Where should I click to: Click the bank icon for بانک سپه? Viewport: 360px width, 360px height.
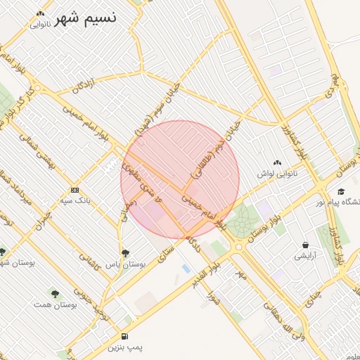pyautogui.click(x=75, y=190)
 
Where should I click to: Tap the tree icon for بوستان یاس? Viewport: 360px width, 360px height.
pyautogui.click(x=125, y=253)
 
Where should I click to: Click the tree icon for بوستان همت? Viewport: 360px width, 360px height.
pyautogui.click(x=54, y=292)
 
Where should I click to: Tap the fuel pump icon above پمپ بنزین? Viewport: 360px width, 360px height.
pyautogui.click(x=124, y=336)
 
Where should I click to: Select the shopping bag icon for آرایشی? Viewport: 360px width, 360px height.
pyautogui.click(x=305, y=245)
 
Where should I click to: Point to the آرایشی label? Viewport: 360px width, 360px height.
pyautogui.click(x=305, y=257)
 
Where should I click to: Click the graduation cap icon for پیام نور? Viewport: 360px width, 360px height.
pyautogui.click(x=341, y=191)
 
